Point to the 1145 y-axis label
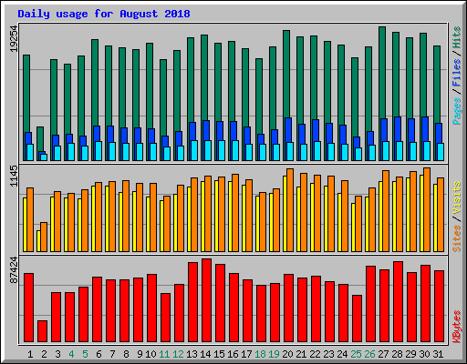(12, 177)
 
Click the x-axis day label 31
(439, 353)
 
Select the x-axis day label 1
(30, 353)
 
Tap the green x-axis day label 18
(262, 353)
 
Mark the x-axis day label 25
(357, 353)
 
